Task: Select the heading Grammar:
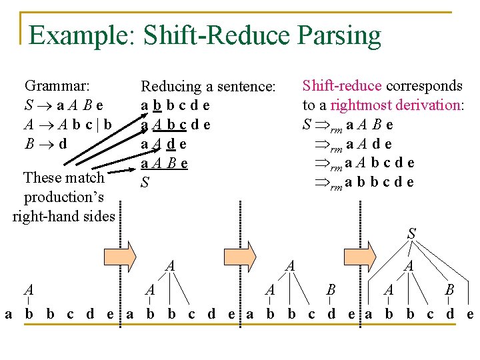(57, 85)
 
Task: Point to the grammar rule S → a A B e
(64, 105)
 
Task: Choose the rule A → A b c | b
(67, 123)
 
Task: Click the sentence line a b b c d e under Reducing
(175, 105)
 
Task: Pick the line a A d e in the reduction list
(163, 144)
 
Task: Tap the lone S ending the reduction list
(145, 181)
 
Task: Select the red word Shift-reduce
(342, 86)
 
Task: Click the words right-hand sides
(64, 215)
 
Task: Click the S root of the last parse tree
(411, 233)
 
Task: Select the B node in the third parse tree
(331, 290)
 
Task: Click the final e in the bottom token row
(470, 313)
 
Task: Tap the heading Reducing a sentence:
(208, 86)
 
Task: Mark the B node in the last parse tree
(449, 290)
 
